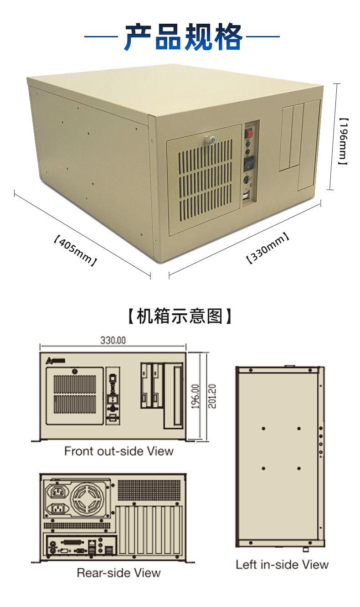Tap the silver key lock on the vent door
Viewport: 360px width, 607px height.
(x=211, y=140)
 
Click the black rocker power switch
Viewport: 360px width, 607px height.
(x=248, y=163)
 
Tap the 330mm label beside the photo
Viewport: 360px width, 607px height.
(x=268, y=248)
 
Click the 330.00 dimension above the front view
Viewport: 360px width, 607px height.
(x=113, y=340)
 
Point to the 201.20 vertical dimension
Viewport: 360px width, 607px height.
(x=213, y=396)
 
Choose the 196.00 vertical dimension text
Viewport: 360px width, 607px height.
(x=195, y=397)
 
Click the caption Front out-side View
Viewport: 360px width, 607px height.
(x=118, y=451)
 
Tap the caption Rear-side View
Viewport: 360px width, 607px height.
(x=118, y=572)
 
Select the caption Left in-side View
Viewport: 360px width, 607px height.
(x=282, y=564)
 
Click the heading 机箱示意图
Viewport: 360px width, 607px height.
(x=180, y=316)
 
